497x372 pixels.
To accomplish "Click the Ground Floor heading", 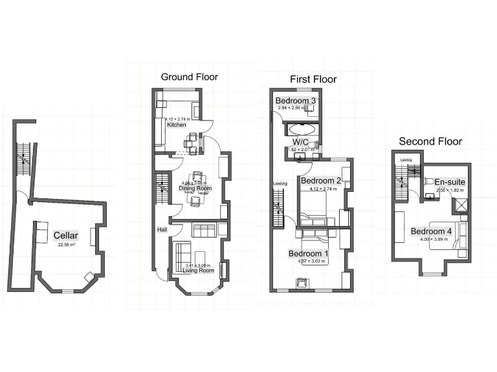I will click(189, 77).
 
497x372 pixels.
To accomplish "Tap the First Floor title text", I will click(313, 79).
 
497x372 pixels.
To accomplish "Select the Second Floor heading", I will click(430, 141).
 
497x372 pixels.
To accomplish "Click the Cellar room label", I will click(66, 236).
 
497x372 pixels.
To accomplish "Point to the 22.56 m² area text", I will click(66, 245).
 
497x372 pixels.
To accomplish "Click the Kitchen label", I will click(177, 125).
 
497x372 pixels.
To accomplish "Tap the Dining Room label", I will click(195, 189).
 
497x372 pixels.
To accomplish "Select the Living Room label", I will click(197, 271).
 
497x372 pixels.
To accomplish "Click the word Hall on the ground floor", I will click(162, 230).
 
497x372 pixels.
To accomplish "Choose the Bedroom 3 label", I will click(296, 101).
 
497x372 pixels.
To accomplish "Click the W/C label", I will click(300, 141).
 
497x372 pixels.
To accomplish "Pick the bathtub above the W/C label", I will click(302, 127).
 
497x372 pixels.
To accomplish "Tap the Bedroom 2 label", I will click(321, 181).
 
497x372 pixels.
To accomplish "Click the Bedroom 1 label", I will click(309, 254).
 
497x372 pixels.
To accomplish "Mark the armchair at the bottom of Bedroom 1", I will click(302, 282).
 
